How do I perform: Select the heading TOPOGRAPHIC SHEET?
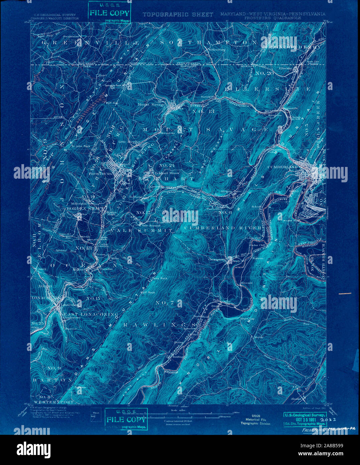pos(178,14)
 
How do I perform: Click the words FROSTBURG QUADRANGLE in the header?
pos(273,18)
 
